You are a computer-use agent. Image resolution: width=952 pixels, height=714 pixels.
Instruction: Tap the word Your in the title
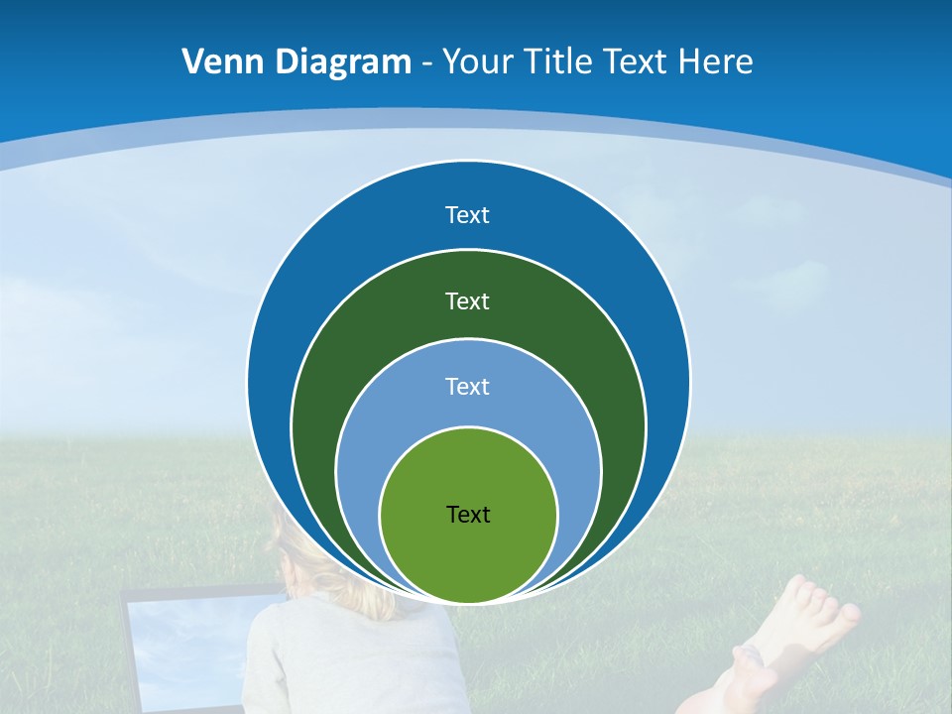coord(474,62)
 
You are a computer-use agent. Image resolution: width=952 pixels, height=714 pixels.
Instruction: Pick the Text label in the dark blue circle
coord(468,215)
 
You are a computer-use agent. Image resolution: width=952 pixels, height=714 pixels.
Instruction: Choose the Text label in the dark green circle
coord(468,300)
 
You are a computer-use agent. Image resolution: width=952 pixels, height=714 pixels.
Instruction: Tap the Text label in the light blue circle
coord(468,386)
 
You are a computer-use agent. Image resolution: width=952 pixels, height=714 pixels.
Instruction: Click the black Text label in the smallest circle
coord(468,514)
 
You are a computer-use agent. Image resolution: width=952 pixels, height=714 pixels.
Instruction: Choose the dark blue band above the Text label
coord(468,183)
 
